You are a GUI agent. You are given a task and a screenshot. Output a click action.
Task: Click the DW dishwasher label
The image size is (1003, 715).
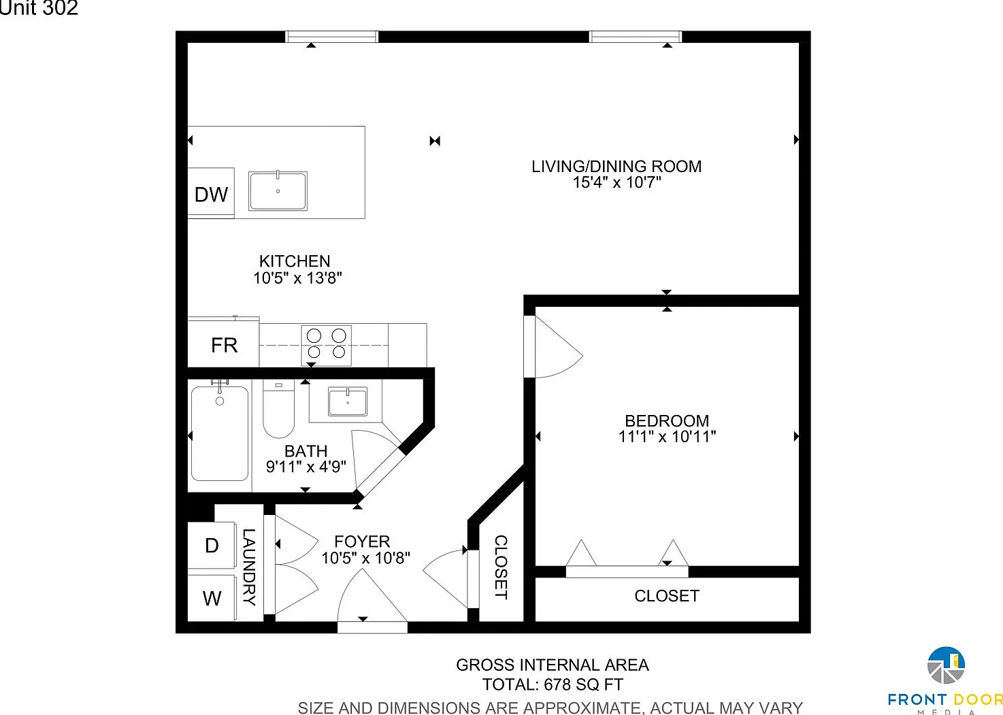(211, 195)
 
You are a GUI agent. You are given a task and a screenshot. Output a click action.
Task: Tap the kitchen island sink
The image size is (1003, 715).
(278, 190)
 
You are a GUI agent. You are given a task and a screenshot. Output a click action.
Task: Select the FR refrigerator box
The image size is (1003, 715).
(223, 344)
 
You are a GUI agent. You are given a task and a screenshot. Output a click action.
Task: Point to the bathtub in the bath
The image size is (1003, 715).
(219, 433)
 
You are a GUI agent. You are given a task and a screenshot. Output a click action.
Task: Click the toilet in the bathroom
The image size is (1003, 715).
(278, 409)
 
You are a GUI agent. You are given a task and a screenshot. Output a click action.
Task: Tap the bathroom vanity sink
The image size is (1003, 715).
(348, 401)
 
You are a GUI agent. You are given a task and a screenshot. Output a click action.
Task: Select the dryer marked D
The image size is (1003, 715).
(212, 546)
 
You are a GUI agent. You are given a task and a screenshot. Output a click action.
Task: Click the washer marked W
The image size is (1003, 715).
(212, 598)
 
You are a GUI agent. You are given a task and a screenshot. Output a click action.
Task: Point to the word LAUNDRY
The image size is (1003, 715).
(249, 567)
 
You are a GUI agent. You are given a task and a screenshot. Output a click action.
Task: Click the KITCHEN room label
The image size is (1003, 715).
(295, 261)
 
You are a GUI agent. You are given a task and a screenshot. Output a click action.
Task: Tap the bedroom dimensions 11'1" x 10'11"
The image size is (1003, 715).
(667, 437)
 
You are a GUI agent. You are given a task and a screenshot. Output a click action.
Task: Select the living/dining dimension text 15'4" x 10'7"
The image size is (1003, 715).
(617, 182)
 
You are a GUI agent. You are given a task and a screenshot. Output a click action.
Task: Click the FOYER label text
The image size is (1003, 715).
(362, 542)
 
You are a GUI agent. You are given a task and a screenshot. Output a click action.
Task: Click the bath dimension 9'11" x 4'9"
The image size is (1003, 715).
(306, 467)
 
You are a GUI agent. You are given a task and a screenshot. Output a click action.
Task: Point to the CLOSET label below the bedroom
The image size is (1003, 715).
(667, 596)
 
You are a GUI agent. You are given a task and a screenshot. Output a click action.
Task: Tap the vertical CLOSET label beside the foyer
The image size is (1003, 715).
(501, 567)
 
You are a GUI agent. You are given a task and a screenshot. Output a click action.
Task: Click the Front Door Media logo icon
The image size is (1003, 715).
(946, 665)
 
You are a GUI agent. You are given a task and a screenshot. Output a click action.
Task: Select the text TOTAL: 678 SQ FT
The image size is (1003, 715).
(553, 684)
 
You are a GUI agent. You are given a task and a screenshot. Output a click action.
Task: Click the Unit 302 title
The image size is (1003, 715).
(39, 7)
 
